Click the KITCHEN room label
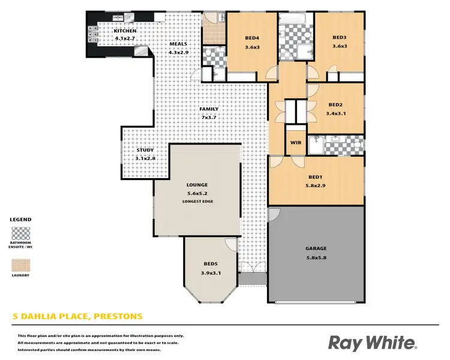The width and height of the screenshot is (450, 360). click(x=125, y=31)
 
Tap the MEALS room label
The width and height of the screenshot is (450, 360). click(x=178, y=44)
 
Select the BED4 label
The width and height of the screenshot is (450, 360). click(x=252, y=38)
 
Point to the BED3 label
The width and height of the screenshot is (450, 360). click(x=340, y=38)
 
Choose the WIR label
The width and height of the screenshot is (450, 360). click(x=295, y=142)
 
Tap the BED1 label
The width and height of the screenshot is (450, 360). click(x=316, y=178)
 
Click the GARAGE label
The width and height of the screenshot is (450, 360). click(x=315, y=248)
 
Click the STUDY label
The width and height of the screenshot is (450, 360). click(x=145, y=150)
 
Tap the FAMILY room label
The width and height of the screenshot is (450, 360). click(x=208, y=109)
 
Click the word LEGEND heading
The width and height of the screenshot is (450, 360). click(x=20, y=220)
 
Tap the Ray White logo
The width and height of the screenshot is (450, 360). click(x=371, y=343)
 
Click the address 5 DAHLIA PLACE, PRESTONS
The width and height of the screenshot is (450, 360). click(x=78, y=316)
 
